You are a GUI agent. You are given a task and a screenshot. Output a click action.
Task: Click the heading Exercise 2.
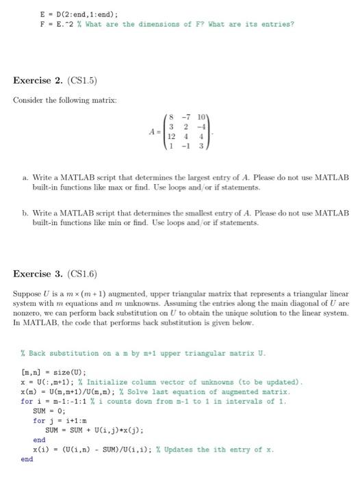pos(40,81)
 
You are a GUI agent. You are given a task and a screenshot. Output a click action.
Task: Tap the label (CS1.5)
pos(85,81)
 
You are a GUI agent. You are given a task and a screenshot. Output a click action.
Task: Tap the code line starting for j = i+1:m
pos(64,420)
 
